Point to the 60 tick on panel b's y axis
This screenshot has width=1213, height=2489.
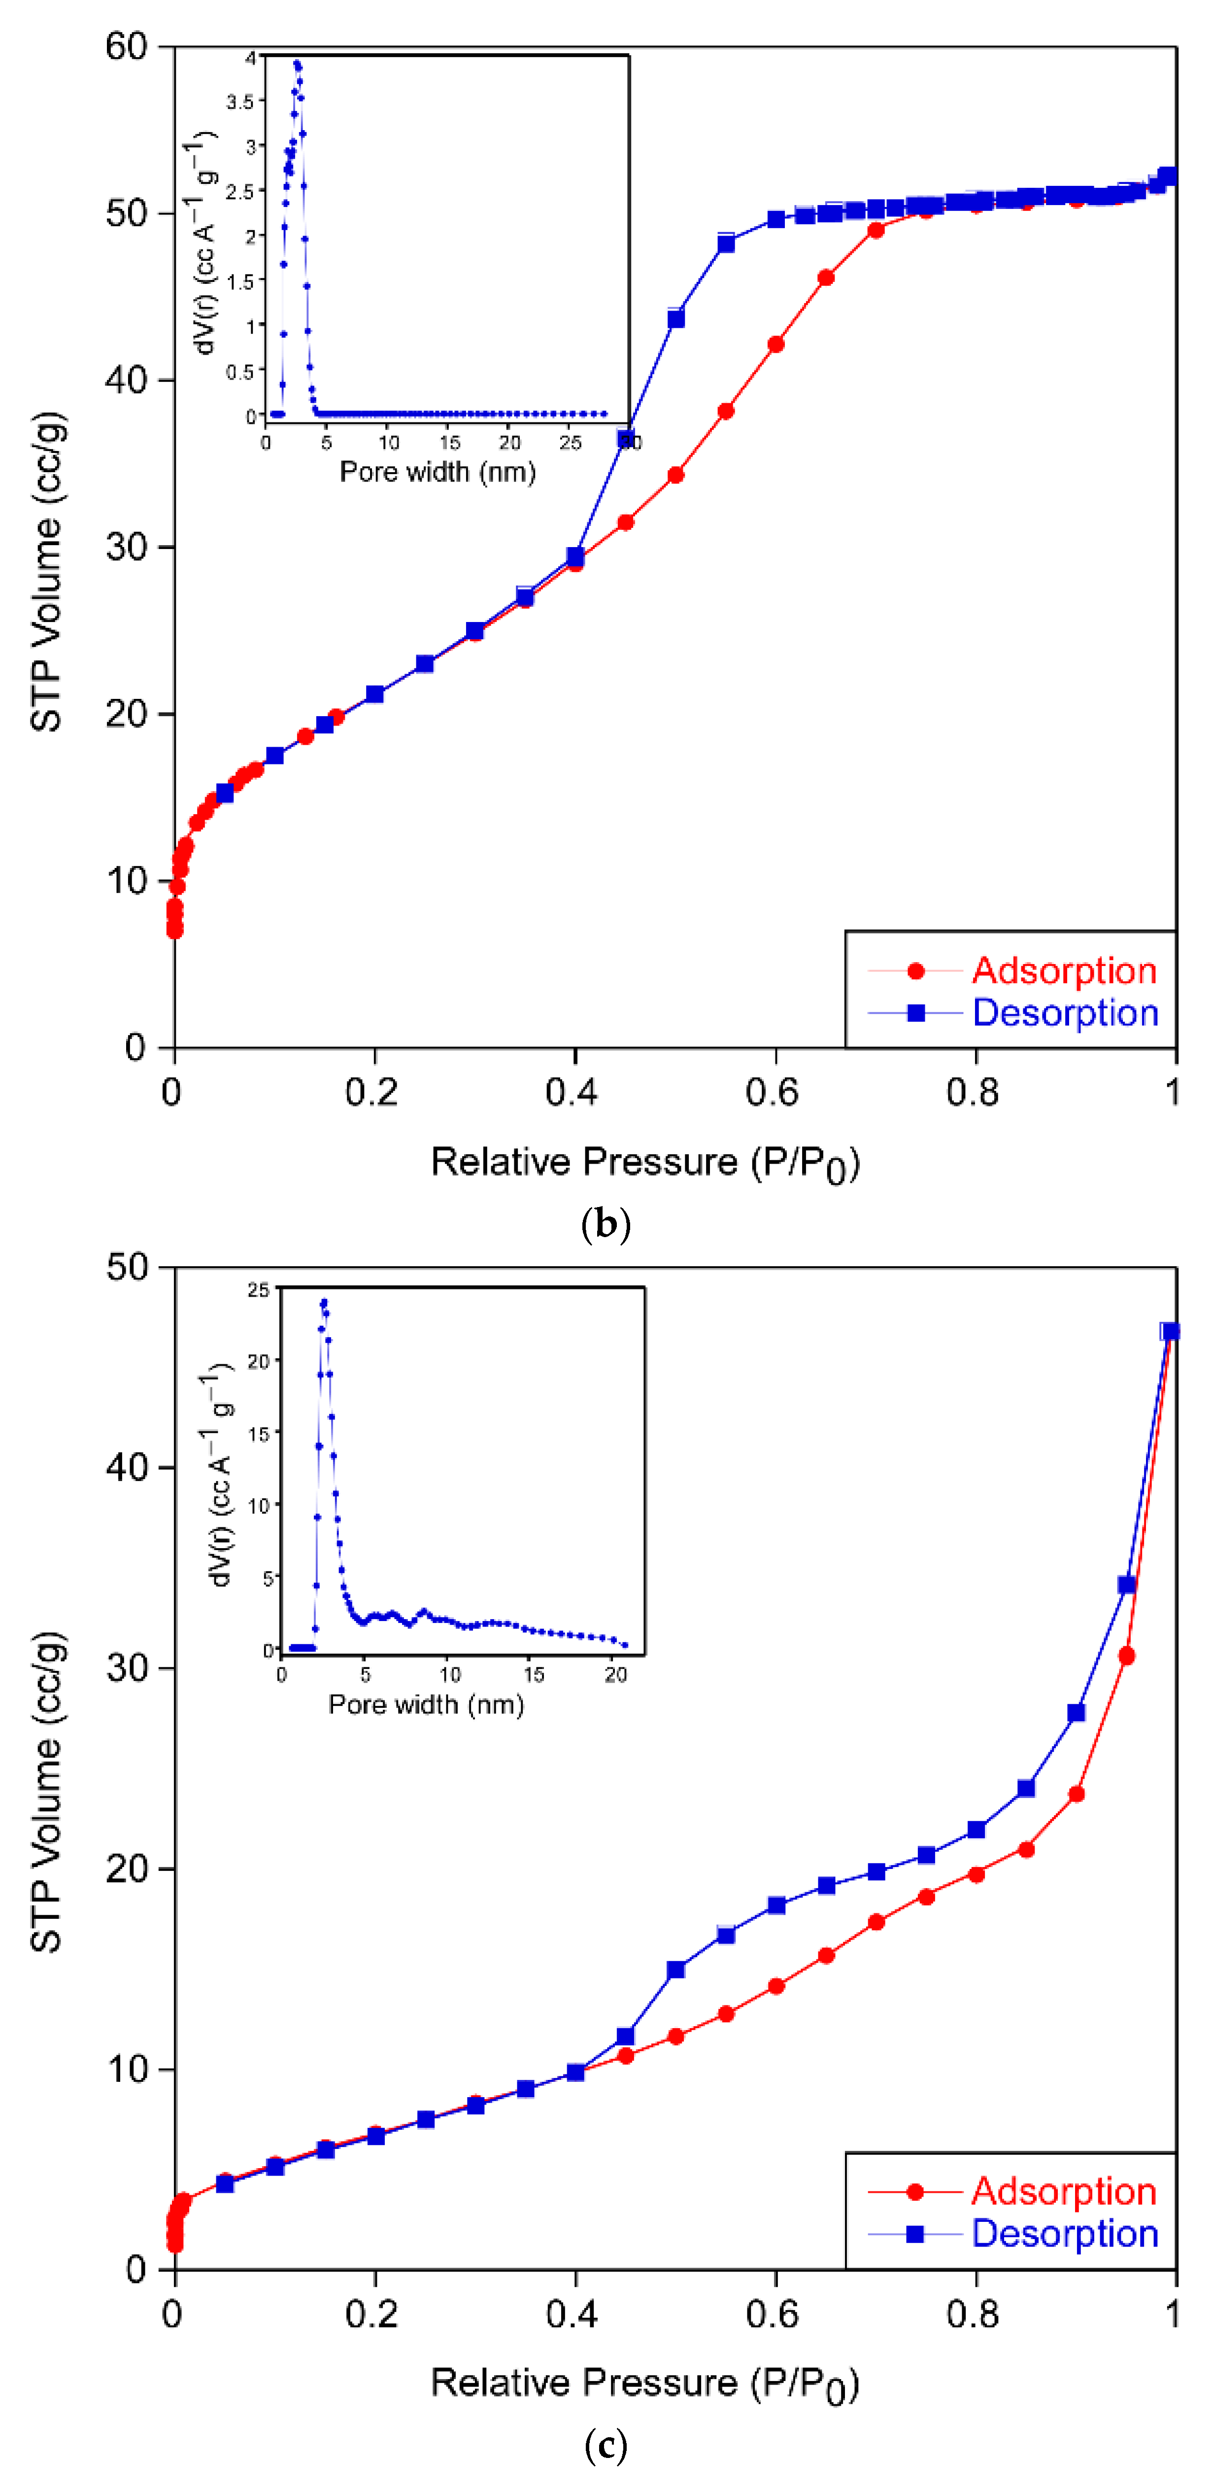pos(127,46)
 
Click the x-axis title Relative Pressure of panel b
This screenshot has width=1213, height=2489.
pos(644,1162)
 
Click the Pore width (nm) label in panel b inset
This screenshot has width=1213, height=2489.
pos(438,472)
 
